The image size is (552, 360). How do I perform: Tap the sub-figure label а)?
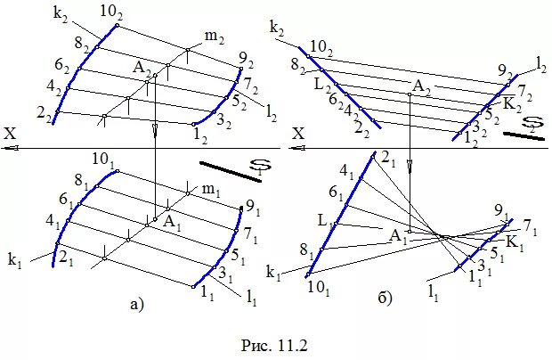[136, 305]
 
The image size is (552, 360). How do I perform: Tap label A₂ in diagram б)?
[420, 86]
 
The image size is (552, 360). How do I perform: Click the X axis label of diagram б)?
[299, 133]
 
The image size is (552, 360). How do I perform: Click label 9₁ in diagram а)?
[254, 211]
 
